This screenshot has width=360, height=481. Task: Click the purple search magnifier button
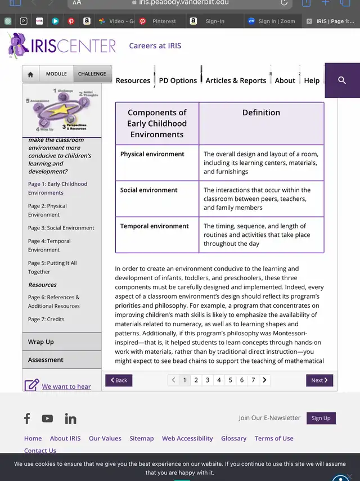tap(342, 80)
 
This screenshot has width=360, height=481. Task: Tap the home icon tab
tap(30, 74)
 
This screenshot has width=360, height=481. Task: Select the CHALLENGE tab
tap(92, 74)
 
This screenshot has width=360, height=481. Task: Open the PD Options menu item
tap(178, 80)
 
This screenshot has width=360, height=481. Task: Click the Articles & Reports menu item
tap(236, 80)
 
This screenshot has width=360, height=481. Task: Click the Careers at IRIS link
tap(155, 46)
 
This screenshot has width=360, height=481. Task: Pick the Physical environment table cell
tap(152, 154)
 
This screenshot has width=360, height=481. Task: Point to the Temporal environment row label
tap(155, 226)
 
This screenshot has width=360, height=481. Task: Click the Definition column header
tap(261, 113)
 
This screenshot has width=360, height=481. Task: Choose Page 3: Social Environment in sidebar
tap(61, 228)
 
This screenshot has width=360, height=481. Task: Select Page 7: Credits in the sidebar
tap(46, 319)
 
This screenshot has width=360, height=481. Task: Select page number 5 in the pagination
tap(230, 380)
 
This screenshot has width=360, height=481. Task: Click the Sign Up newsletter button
tap(321, 418)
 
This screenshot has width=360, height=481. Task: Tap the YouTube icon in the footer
tap(47, 419)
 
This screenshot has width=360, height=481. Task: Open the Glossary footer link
tap(233, 438)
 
